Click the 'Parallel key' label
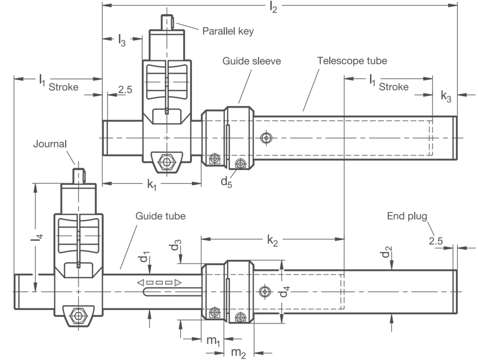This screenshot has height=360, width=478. [x=228, y=31]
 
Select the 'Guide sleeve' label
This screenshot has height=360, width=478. [x=251, y=61]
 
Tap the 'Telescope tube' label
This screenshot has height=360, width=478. [x=352, y=61]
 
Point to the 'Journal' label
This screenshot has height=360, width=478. [x=50, y=144]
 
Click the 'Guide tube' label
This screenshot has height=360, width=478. [x=160, y=216]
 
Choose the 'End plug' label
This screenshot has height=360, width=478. [x=407, y=216]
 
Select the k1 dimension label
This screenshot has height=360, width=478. [x=152, y=185]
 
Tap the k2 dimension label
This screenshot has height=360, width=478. [x=272, y=241]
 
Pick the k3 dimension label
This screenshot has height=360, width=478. [x=446, y=96]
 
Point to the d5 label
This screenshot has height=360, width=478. [x=226, y=182]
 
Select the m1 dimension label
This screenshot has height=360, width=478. [x=213, y=340]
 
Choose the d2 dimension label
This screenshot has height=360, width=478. [x=386, y=252]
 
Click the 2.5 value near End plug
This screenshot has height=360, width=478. [x=436, y=241]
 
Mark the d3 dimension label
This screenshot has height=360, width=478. [x=176, y=245]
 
